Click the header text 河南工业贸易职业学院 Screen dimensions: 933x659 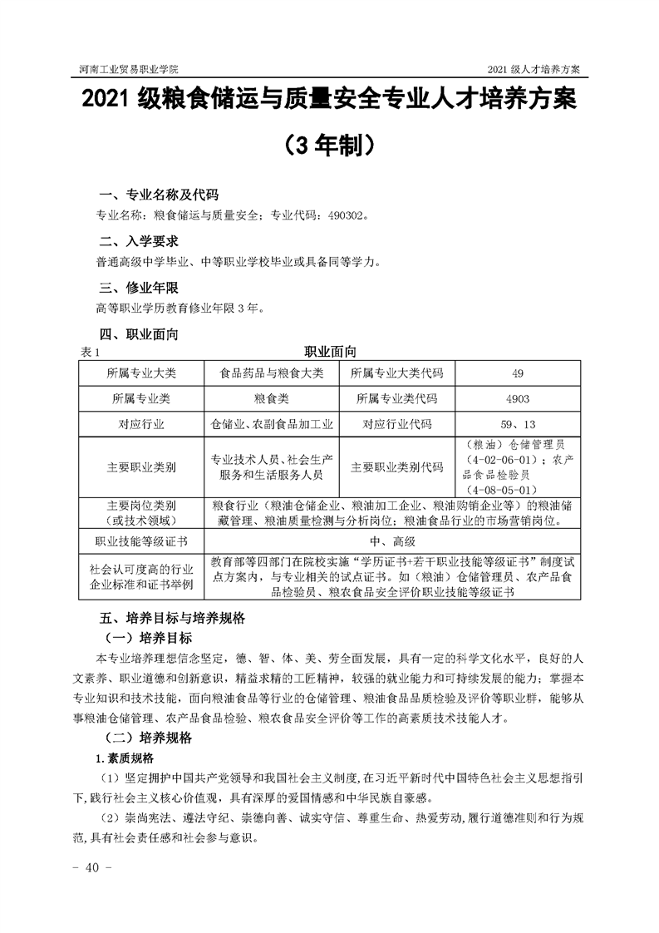point(128,68)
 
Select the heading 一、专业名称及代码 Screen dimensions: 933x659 point(159,195)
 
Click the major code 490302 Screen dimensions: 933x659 point(342,215)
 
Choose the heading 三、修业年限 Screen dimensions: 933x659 point(137,289)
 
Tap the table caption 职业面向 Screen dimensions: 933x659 point(330,353)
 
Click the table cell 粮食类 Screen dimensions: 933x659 point(271,398)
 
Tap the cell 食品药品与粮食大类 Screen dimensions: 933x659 point(271,373)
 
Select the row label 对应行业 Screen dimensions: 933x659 point(141,424)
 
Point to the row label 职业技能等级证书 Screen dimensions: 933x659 point(141,541)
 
